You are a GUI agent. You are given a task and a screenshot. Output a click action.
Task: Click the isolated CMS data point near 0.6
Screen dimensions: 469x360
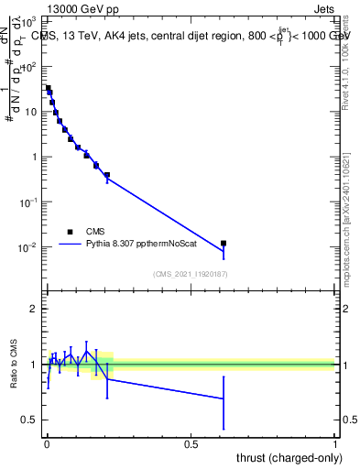coord(224,244)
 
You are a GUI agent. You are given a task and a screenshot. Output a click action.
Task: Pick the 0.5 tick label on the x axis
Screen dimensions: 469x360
coord(191,443)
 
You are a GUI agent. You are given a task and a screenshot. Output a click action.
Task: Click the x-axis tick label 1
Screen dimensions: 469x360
coord(335,443)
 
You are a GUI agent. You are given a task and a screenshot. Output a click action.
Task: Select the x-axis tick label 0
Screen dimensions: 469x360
coord(47,443)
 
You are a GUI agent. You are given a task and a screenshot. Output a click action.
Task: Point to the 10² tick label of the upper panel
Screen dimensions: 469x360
coord(28,67)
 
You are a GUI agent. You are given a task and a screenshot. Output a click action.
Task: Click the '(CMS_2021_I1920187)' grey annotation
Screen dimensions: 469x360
coord(190,274)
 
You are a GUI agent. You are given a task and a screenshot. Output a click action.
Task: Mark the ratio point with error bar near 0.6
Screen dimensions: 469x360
coord(224,398)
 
